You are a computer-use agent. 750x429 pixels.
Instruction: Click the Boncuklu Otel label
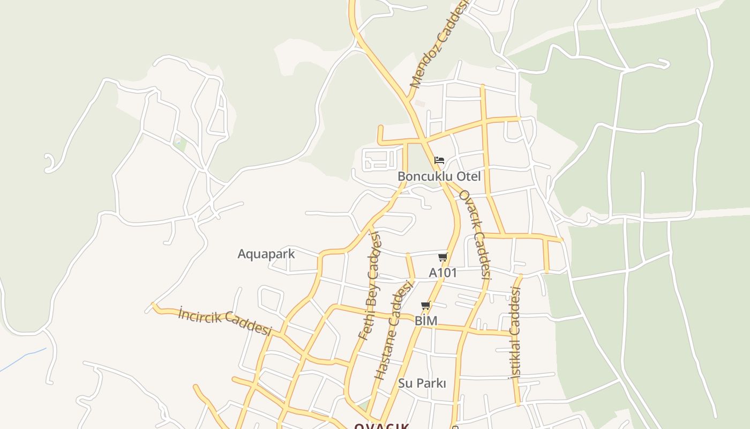point(439,176)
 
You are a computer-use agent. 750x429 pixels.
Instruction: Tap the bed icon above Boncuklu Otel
point(439,160)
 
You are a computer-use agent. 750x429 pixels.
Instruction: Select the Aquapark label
point(266,254)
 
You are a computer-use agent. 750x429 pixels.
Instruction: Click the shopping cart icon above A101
point(442,257)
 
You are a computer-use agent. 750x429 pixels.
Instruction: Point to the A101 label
point(443,272)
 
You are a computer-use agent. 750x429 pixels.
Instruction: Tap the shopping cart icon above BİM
point(426,306)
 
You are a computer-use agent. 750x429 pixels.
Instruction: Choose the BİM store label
point(426,321)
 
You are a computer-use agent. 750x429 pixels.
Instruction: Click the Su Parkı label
point(422,383)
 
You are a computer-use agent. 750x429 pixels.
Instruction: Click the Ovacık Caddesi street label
point(475,234)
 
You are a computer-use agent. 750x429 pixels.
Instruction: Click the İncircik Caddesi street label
point(225,320)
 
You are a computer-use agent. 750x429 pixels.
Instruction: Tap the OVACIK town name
point(381,426)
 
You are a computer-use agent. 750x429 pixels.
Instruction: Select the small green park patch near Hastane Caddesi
point(364,405)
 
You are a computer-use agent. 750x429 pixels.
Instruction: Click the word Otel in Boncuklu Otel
point(467,176)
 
